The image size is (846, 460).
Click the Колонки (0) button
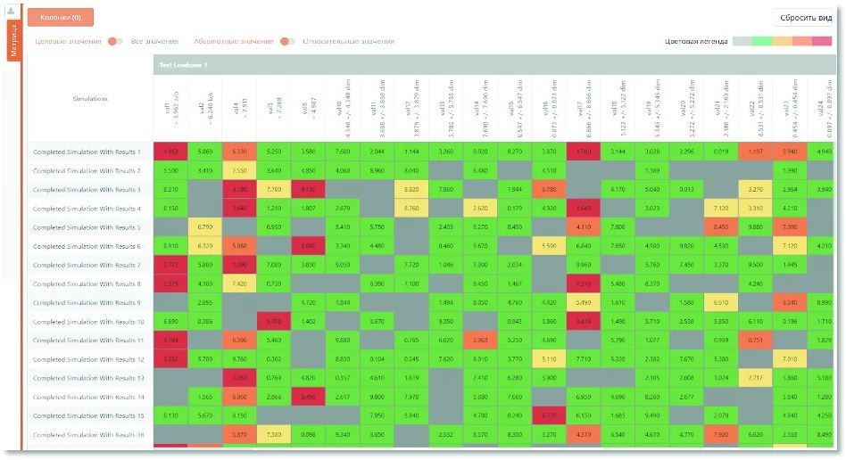click(x=60, y=17)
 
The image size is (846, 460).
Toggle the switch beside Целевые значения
click(x=115, y=41)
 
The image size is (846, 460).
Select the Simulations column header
click(x=90, y=99)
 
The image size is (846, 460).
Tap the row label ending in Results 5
click(x=87, y=227)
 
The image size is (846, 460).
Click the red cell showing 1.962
click(x=170, y=152)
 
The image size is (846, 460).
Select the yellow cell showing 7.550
click(x=239, y=170)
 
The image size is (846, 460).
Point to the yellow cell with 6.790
click(x=205, y=227)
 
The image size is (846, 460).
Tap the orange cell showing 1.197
click(x=755, y=152)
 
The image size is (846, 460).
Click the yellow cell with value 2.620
click(x=480, y=209)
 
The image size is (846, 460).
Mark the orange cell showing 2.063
click(x=480, y=341)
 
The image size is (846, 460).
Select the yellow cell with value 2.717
click(x=755, y=378)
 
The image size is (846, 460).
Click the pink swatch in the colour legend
click(x=822, y=41)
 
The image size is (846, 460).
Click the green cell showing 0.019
click(x=720, y=152)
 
